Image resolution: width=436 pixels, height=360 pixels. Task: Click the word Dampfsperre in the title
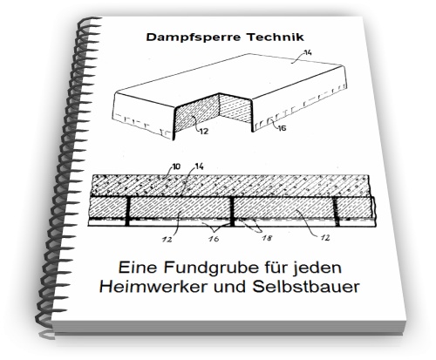[x=194, y=37]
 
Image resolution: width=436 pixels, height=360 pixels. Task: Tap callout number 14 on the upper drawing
[x=308, y=53]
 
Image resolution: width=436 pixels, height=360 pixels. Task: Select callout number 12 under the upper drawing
[x=204, y=132]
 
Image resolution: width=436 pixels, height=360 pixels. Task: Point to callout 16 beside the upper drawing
[x=282, y=127]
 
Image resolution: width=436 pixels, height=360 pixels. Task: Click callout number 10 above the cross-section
[x=176, y=166]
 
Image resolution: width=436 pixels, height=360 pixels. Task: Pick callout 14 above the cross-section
[x=199, y=166]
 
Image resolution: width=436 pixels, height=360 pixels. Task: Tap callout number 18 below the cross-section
[x=267, y=238]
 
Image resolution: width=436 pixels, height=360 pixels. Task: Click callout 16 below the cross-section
[x=214, y=239]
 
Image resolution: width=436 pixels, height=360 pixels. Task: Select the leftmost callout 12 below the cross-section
[x=167, y=239]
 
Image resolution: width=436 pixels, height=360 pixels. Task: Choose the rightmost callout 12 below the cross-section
[x=325, y=238]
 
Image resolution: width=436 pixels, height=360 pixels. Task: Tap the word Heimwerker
[x=153, y=287]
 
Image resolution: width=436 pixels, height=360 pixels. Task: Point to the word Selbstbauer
[x=306, y=287]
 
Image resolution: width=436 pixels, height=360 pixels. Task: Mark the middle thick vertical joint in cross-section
[x=232, y=211]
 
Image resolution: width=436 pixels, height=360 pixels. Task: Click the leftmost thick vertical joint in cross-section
[x=127, y=211]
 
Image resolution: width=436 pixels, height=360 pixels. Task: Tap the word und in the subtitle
[x=230, y=287]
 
